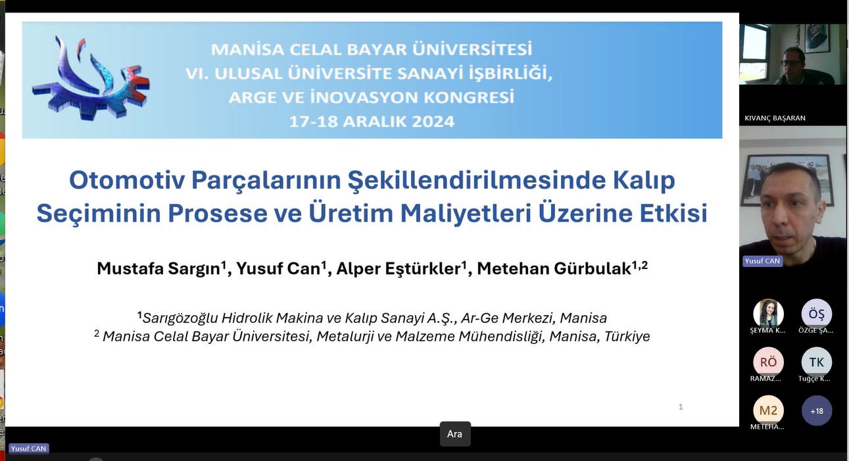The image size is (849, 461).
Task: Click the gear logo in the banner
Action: click(x=91, y=79)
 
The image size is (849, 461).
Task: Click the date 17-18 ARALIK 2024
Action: click(x=372, y=122)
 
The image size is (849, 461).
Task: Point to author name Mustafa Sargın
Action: click(x=158, y=269)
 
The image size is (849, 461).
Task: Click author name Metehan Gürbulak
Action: click(x=554, y=269)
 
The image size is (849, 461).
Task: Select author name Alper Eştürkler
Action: click(x=399, y=269)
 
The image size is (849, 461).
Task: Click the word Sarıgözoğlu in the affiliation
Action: click(x=180, y=318)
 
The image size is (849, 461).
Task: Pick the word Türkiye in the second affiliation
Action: click(x=627, y=336)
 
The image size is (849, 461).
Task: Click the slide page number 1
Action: click(x=681, y=407)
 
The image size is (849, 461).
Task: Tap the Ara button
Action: click(x=455, y=434)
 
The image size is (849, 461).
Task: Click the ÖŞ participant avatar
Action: click(x=816, y=314)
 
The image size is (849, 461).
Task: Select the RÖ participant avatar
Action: click(x=768, y=362)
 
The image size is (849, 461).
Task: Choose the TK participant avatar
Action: click(x=816, y=362)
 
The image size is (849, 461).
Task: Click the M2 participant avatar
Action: click(x=768, y=410)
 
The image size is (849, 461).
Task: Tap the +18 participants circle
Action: click(x=816, y=410)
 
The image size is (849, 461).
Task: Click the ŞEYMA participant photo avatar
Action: click(x=768, y=314)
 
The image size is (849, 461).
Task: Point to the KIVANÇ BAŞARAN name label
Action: click(x=775, y=118)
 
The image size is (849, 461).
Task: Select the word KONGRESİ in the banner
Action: click(x=469, y=97)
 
